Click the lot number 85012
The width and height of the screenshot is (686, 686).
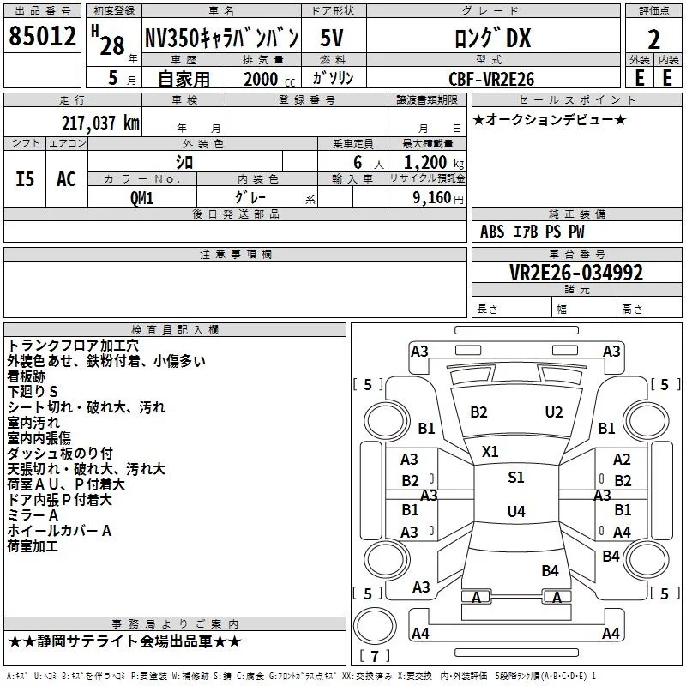pos(41,36)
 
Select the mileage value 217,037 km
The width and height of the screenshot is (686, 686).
pos(99,123)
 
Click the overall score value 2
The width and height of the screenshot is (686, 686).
pos(654,39)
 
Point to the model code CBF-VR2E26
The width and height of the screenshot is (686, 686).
pos(491,79)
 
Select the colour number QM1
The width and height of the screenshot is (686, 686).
pos(142,196)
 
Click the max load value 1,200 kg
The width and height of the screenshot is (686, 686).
pos(434,163)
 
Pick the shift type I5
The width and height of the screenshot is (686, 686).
pos(26,179)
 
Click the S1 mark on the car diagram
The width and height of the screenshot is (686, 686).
pos(515,478)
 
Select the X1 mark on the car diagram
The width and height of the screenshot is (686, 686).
pos(490,451)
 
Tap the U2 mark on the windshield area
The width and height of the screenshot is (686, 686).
pos(554,412)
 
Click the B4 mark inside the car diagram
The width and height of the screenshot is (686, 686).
pos(550,570)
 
